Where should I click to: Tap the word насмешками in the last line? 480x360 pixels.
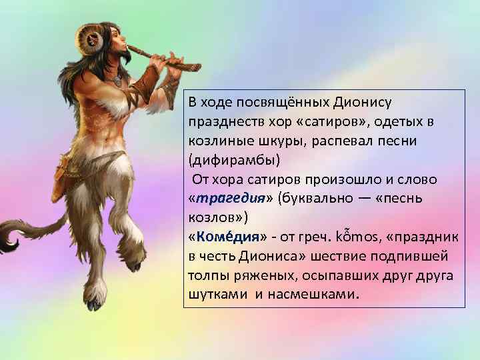point(313,295)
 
